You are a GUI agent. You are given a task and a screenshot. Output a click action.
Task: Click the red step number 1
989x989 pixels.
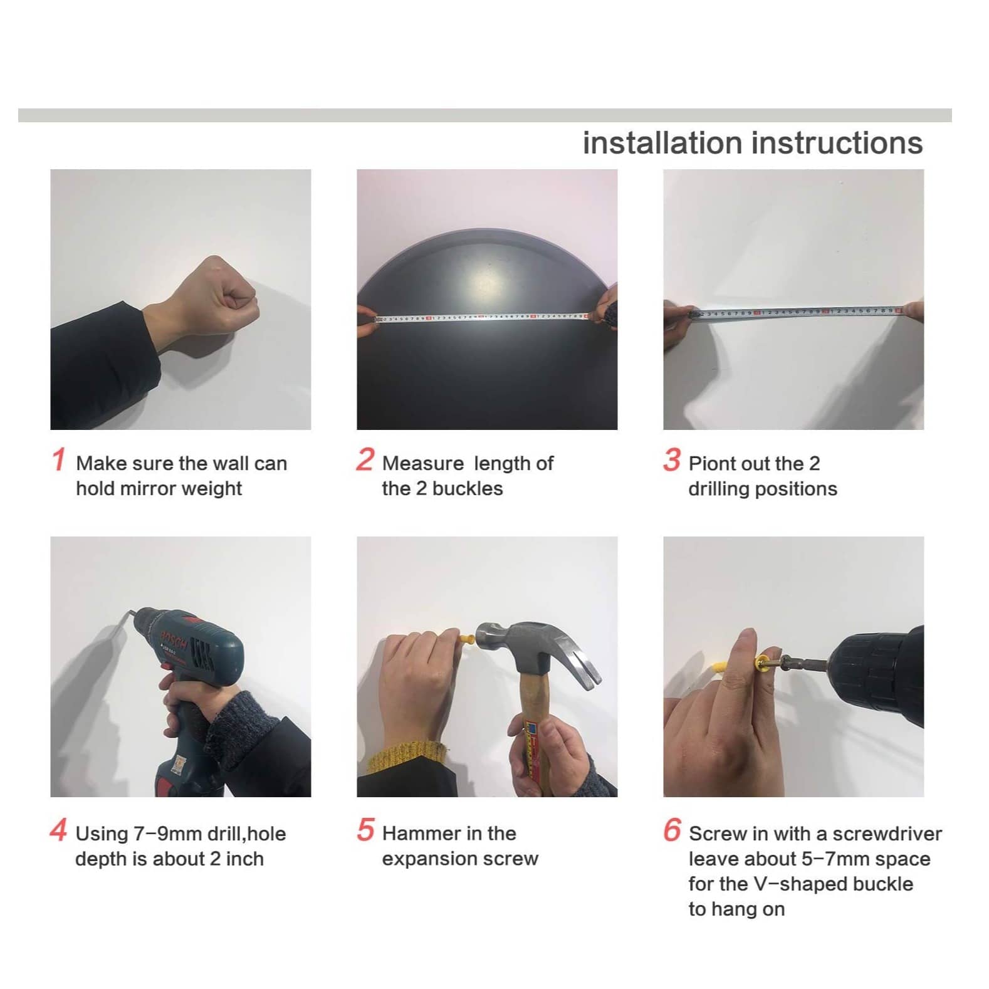coord(58,459)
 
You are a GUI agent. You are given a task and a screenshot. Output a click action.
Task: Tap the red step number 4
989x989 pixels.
coord(58,830)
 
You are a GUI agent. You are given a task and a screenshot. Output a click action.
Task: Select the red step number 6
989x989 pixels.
coord(672,830)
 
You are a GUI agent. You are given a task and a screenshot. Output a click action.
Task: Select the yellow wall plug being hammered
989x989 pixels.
coord(467,640)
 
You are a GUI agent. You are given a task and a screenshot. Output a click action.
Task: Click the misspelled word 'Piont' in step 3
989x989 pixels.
coord(712,464)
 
